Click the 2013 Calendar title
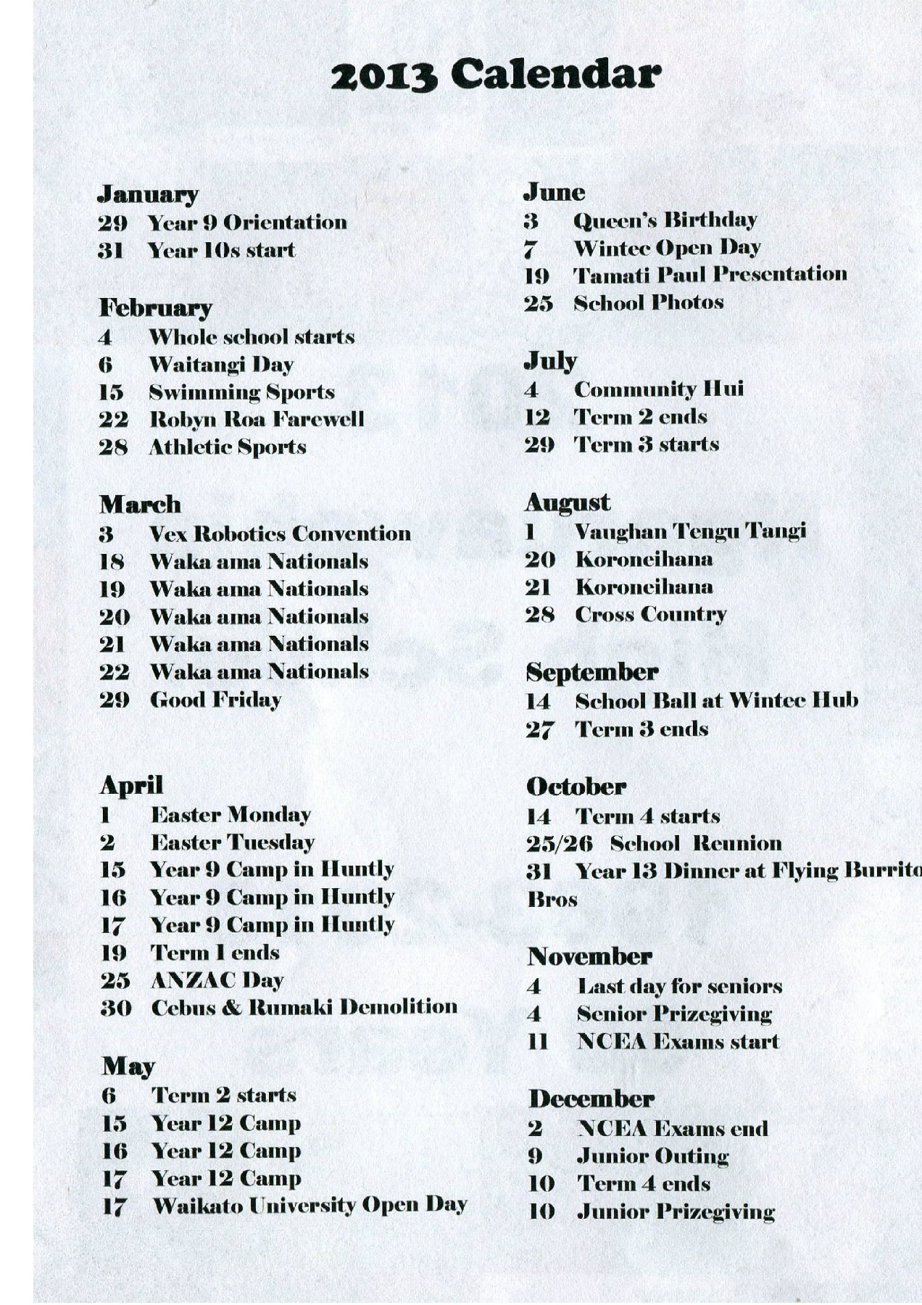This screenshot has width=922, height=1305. click(x=496, y=74)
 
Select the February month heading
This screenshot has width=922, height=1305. click(x=155, y=307)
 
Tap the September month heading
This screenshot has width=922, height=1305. click(x=591, y=673)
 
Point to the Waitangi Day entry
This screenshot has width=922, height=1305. click(x=221, y=365)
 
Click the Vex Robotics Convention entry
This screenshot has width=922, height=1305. click(x=280, y=534)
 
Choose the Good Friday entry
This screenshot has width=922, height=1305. click(x=215, y=700)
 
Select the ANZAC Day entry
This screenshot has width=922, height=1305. click(x=217, y=980)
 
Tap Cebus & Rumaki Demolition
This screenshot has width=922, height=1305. click(x=304, y=1008)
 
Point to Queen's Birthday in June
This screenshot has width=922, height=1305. click(x=665, y=220)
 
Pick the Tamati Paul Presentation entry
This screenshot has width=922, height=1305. click(x=710, y=275)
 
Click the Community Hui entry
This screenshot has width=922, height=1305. click(x=658, y=389)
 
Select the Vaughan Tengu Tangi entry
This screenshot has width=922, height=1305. click(x=690, y=531)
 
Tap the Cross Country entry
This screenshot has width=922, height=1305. click(x=650, y=615)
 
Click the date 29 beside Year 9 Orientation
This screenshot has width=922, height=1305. click(x=112, y=223)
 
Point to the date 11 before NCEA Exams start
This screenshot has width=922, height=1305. click(x=537, y=1042)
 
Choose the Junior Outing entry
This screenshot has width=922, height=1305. click(x=652, y=1156)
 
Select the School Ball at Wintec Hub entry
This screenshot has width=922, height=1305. click(x=716, y=701)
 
